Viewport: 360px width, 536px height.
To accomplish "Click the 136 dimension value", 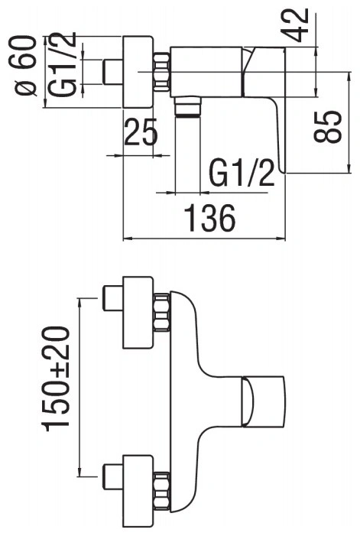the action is pos(209,218).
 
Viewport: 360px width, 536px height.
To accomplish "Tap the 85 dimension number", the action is pos(328,126).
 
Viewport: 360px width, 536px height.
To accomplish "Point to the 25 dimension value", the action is pos(141,132).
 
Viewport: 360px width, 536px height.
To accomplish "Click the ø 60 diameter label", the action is pos(26,65).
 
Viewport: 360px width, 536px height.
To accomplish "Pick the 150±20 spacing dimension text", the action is pos(55,378).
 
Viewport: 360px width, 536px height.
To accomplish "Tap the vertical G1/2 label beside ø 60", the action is pos(61,64).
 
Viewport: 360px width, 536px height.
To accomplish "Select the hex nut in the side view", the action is pos(162,72).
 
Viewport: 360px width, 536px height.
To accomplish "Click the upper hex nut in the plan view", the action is pos(162,313).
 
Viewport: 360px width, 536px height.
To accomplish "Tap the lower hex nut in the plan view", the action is pos(162,491).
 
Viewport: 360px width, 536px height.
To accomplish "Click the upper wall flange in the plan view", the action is pos(138,313).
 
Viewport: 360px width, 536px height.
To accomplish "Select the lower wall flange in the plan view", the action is pos(138,491).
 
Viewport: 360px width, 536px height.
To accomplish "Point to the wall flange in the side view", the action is pos(138,72).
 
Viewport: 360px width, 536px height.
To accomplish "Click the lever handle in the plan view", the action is pos(263,401).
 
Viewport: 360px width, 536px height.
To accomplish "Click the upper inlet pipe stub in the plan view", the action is pos(112,298).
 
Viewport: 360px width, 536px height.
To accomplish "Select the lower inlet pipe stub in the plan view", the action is pos(112,476).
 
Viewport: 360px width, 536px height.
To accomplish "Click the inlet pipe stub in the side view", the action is pos(112,72).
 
